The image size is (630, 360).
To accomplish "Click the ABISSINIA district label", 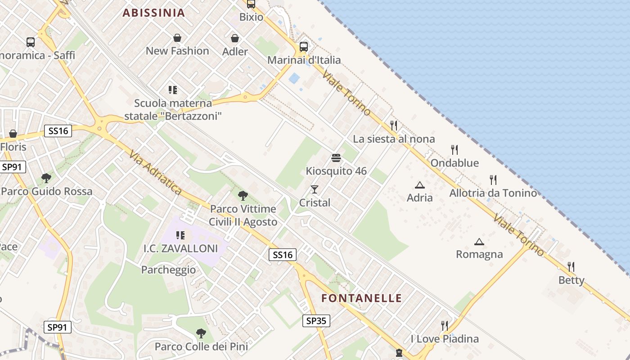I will (x=154, y=13).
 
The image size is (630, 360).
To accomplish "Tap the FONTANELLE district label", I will (x=362, y=298).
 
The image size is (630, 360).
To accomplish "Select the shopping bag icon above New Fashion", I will (x=177, y=38).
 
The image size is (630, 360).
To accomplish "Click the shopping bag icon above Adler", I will (x=235, y=38).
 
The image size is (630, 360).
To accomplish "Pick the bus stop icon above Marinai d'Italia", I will (x=304, y=46).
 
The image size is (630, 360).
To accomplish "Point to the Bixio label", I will (x=251, y=17).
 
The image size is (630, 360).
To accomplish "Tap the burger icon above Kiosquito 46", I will (x=336, y=157).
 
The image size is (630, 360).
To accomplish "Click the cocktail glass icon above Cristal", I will (x=315, y=189).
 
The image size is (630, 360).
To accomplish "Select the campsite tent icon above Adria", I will (x=420, y=184).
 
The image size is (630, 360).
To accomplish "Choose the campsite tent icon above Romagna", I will (x=479, y=242).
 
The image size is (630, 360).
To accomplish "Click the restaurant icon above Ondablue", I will (x=454, y=149).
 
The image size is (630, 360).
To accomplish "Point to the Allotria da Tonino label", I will (x=493, y=193).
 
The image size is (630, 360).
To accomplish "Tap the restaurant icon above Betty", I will (x=571, y=267).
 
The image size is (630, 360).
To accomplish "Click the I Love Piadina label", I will (x=445, y=338).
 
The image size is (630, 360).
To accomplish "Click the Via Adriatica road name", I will (x=155, y=173).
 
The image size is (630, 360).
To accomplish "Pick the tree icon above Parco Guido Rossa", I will (x=46, y=178).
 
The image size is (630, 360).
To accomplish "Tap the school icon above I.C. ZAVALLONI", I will (x=180, y=235).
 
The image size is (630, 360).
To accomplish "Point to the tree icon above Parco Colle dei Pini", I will (x=201, y=333).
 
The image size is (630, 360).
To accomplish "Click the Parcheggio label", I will (x=169, y=270).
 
